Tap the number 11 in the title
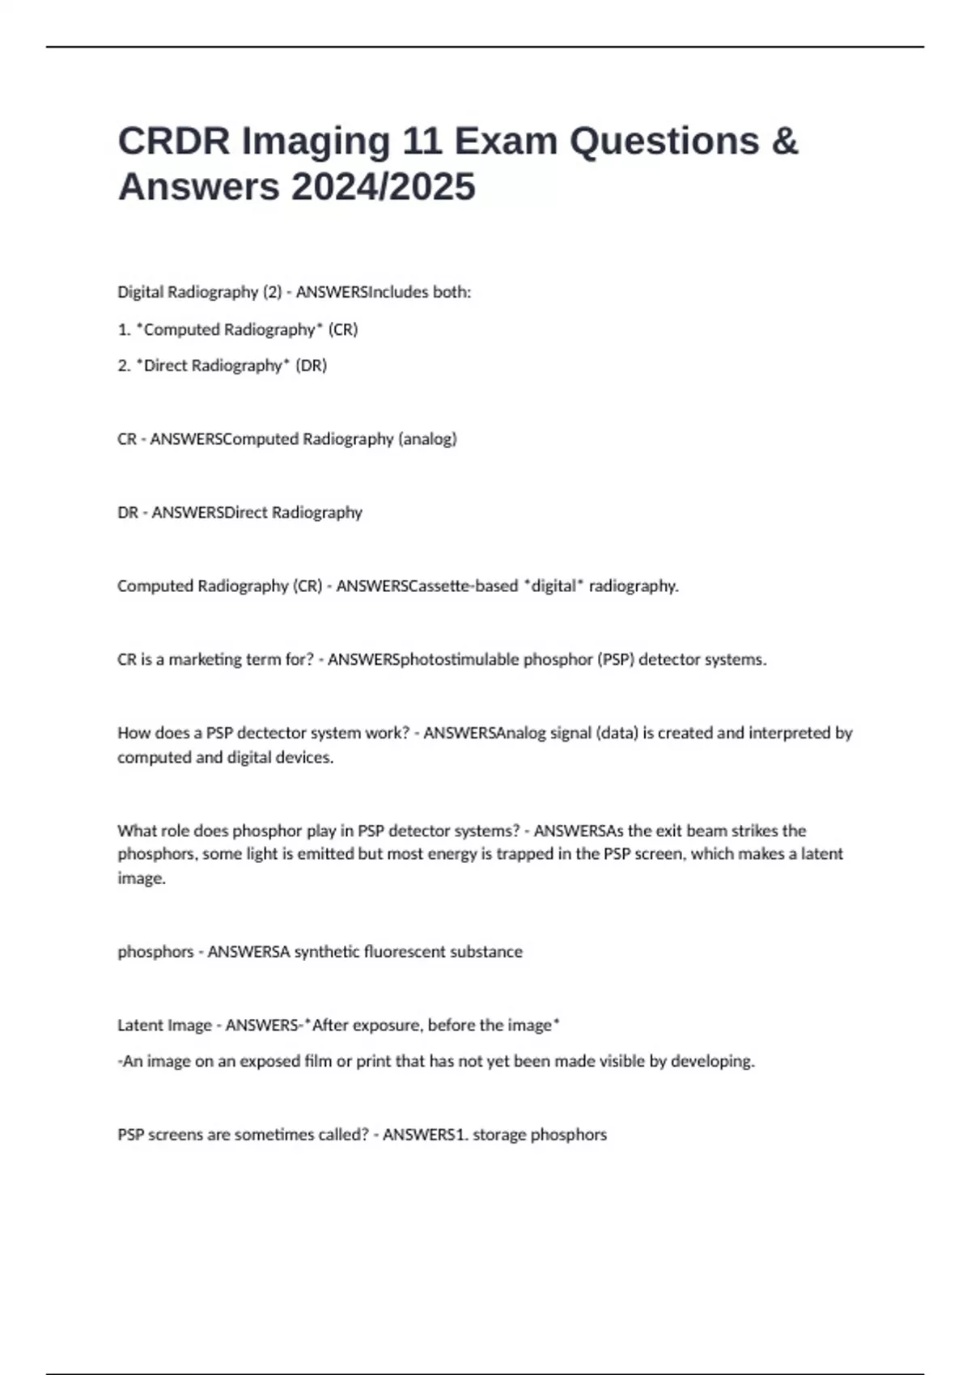coord(422,141)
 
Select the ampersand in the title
coord(784,141)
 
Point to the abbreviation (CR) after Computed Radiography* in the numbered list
coord(343,329)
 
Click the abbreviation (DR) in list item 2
coord(312,366)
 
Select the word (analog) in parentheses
coord(427,439)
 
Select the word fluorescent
coord(405,952)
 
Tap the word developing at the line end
coord(714,1061)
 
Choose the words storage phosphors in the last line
coord(540,1135)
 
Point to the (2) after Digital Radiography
coord(273,292)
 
